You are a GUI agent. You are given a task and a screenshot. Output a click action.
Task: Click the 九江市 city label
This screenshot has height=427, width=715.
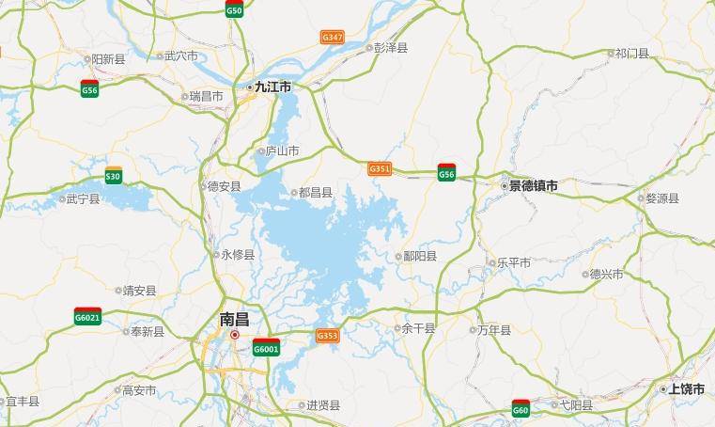[273, 87]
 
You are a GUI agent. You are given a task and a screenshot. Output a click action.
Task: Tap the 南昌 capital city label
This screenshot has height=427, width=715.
[234, 319]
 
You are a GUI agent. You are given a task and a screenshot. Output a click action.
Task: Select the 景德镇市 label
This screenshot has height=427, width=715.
[533, 186]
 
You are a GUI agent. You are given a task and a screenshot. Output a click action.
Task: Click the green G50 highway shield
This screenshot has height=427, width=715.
[234, 10]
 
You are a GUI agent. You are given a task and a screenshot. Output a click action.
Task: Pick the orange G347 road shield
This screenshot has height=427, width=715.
[332, 38]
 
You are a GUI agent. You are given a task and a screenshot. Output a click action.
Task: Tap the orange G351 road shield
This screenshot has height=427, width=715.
[380, 168]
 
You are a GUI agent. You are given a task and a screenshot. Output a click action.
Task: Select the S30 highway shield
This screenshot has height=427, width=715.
[113, 175]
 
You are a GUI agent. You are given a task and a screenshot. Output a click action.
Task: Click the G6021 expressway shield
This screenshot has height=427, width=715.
[87, 317]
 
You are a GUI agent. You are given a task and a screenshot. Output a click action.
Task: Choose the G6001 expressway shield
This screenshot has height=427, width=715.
[266, 348]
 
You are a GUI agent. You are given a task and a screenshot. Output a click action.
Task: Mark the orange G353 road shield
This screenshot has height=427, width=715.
[327, 335]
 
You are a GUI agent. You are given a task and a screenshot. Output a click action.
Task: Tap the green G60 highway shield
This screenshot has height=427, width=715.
[521, 408]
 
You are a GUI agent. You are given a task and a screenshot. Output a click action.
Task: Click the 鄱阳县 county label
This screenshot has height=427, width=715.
[419, 256]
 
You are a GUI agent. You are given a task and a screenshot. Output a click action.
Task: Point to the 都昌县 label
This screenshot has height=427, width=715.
[315, 193]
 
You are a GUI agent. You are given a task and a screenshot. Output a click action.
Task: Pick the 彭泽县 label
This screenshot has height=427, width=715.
[390, 46]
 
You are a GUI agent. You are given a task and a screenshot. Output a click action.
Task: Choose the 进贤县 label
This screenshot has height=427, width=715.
[322, 405]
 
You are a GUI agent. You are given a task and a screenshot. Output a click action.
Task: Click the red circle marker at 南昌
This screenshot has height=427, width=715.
[236, 334]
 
